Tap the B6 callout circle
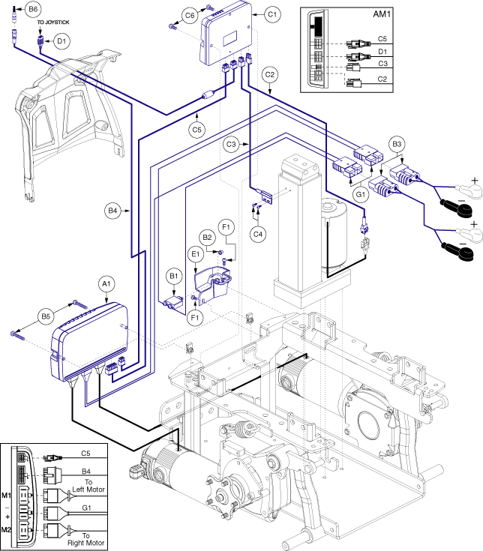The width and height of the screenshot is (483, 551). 32,9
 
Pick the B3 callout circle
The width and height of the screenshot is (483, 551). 397,143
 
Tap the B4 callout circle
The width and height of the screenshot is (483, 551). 113,211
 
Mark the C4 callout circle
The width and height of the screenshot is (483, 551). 258,233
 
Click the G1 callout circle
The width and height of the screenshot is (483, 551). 361,194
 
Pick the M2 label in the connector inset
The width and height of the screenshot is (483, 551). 7,531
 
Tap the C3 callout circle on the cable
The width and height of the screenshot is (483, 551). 232,142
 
